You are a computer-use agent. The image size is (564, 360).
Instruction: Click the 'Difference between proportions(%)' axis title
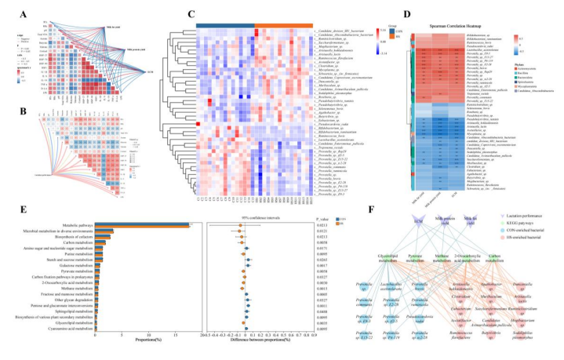coord(253,346)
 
